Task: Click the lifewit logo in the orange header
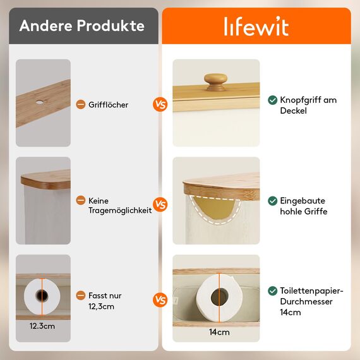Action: click(x=256, y=27)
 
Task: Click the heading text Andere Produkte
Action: click(x=82, y=26)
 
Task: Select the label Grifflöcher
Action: click(x=109, y=105)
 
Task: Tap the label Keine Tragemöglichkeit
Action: click(x=120, y=205)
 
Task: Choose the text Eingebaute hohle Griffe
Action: click(x=303, y=206)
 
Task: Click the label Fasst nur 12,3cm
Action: click(x=105, y=301)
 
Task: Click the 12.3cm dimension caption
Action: click(x=42, y=327)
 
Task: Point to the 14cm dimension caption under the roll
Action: click(x=219, y=332)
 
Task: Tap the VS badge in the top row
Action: click(x=160, y=104)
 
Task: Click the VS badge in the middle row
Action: click(x=160, y=205)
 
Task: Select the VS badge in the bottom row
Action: click(x=160, y=300)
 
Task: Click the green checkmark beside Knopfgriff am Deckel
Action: click(x=272, y=100)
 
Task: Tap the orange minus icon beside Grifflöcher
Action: click(x=80, y=105)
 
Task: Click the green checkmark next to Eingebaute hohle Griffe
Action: click(x=272, y=201)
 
